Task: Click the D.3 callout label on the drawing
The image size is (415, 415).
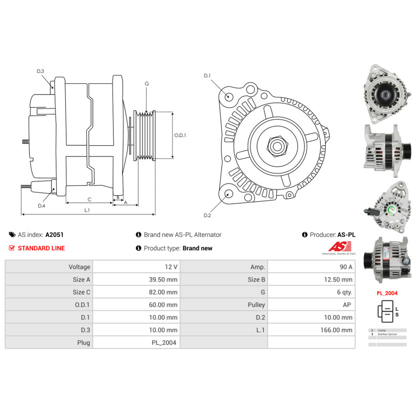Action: pyautogui.click(x=40, y=71)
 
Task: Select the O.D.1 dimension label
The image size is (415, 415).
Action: pyautogui.click(x=180, y=135)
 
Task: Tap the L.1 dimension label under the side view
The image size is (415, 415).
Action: pyautogui.click(x=87, y=210)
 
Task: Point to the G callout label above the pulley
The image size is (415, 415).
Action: pyautogui.click(x=146, y=83)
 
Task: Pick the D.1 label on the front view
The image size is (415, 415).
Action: pyautogui.click(x=207, y=76)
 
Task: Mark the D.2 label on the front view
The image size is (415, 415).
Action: pyautogui.click(x=207, y=215)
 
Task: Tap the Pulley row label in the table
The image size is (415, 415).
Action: pyautogui.click(x=256, y=305)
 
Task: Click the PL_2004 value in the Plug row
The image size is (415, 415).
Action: pyautogui.click(x=164, y=343)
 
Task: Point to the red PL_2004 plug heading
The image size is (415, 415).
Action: pyautogui.click(x=387, y=293)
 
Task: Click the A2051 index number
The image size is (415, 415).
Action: pyautogui.click(x=54, y=234)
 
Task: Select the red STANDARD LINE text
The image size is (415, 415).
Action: pyautogui.click(x=41, y=248)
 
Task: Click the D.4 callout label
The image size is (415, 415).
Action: pyautogui.click(x=41, y=206)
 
